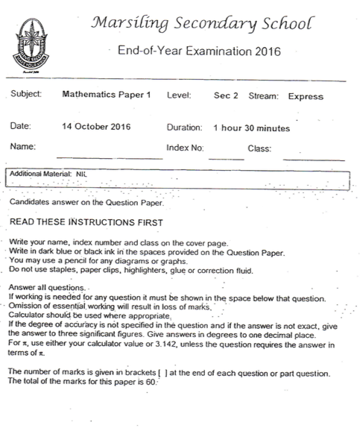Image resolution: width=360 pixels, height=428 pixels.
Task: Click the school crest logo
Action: [x=29, y=38]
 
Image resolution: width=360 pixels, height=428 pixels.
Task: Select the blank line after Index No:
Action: [x=226, y=157]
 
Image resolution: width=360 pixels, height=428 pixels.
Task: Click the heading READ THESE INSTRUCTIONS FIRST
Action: [x=86, y=222]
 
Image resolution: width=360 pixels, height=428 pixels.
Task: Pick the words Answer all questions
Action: [x=48, y=288]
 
